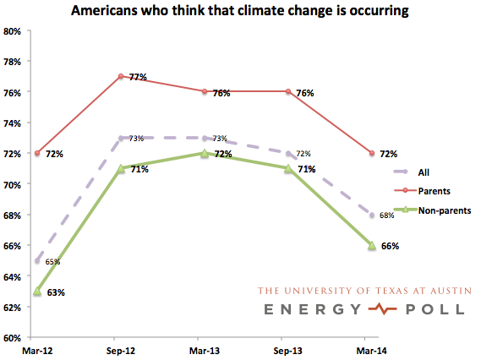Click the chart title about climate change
pos(241,11)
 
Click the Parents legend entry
pos(435,192)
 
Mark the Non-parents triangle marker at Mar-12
pos(37,291)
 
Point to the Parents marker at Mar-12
pos(37,153)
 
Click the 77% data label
pos(138,77)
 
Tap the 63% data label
pos(55,292)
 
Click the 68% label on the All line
pos(386,216)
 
